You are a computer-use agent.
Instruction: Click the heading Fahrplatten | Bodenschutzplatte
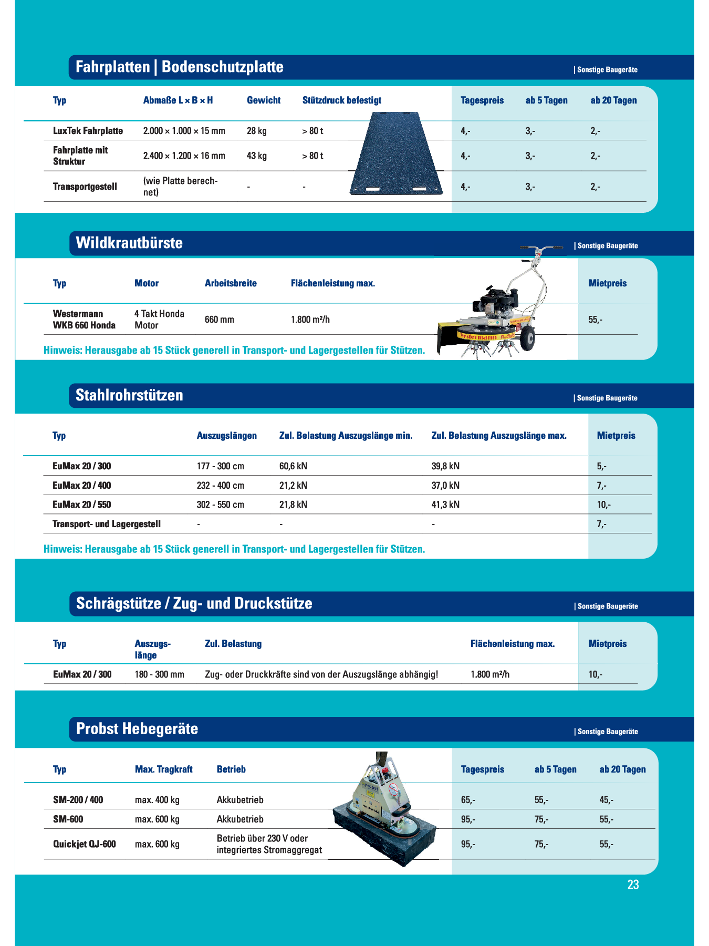click(x=180, y=67)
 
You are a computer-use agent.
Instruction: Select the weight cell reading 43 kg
click(x=257, y=156)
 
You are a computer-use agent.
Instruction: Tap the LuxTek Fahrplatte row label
click(x=88, y=131)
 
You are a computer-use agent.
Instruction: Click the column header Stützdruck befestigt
click(x=342, y=100)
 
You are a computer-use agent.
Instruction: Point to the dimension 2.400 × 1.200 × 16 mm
click(x=184, y=156)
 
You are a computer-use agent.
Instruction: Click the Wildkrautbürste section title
click(x=129, y=243)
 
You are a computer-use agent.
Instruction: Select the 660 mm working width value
click(x=220, y=320)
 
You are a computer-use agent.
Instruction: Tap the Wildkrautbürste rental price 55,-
click(x=595, y=320)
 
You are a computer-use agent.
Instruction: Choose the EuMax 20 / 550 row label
click(x=82, y=505)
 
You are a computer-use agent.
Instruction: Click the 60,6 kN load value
click(x=293, y=466)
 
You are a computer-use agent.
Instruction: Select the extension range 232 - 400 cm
click(x=221, y=486)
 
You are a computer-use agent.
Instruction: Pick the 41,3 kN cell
click(x=445, y=505)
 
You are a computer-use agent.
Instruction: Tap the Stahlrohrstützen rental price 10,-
click(x=603, y=505)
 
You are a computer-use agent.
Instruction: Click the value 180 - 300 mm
click(x=159, y=674)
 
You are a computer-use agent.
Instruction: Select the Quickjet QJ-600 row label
click(x=85, y=844)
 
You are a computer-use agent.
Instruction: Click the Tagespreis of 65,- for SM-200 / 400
click(x=468, y=800)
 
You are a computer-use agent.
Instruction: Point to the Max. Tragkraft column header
click(x=163, y=769)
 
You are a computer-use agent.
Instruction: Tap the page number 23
click(x=633, y=885)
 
